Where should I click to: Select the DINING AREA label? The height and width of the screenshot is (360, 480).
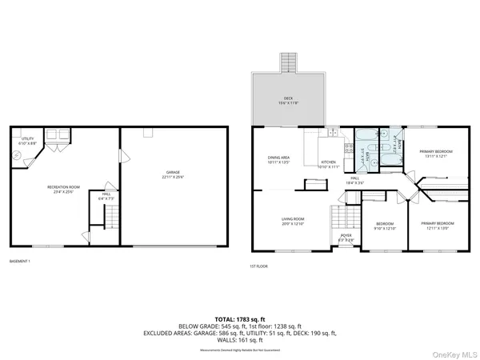pyautogui.click(x=278, y=158)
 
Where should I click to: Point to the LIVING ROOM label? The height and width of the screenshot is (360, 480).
pyautogui.click(x=292, y=221)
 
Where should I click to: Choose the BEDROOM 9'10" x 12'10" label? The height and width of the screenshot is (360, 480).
pyautogui.click(x=386, y=226)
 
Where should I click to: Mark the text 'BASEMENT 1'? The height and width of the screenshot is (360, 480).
pyautogui.click(x=20, y=262)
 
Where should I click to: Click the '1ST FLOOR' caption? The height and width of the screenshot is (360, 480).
pyautogui.click(x=259, y=266)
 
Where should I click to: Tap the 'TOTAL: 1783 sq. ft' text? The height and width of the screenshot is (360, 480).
pyautogui.click(x=240, y=317)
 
